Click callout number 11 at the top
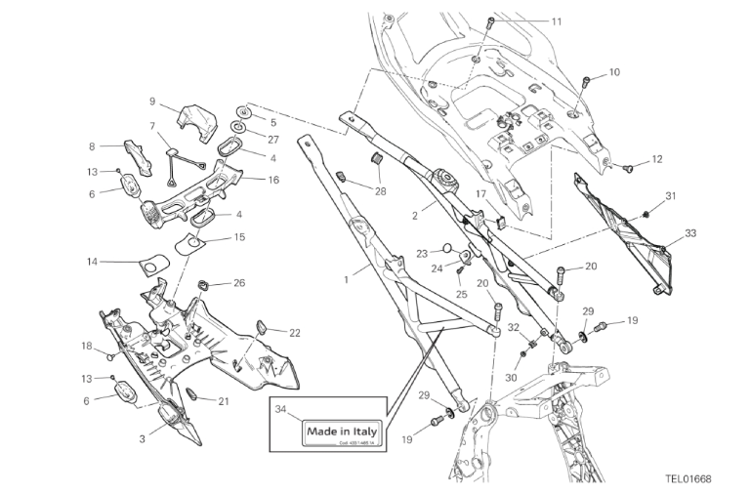pyautogui.click(x=557, y=21)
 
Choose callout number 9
pyautogui.click(x=152, y=101)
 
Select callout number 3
pyautogui.click(x=142, y=439)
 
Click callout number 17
pyautogui.click(x=480, y=194)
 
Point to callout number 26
pyautogui.click(x=239, y=283)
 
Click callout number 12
pyautogui.click(x=656, y=158)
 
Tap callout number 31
pyautogui.click(x=671, y=196)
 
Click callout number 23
pyautogui.click(x=422, y=252)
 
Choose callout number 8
pyautogui.click(x=92, y=147)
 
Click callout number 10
pyautogui.click(x=614, y=72)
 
